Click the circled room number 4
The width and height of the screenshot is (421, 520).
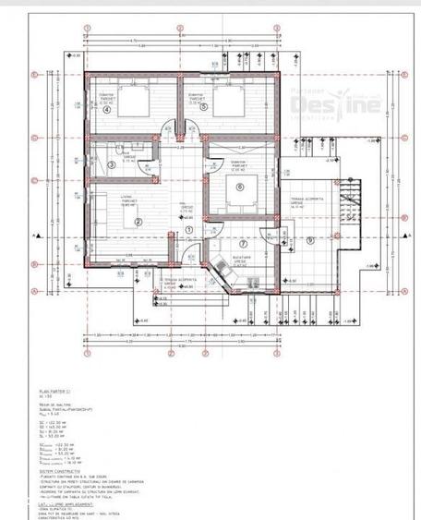tap(106, 110)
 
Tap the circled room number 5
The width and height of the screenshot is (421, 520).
tap(197, 110)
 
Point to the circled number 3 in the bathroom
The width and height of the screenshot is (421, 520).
tap(111, 165)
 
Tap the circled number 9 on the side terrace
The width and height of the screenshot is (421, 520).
tap(310, 239)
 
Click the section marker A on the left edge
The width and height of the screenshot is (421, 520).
tap(33, 236)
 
